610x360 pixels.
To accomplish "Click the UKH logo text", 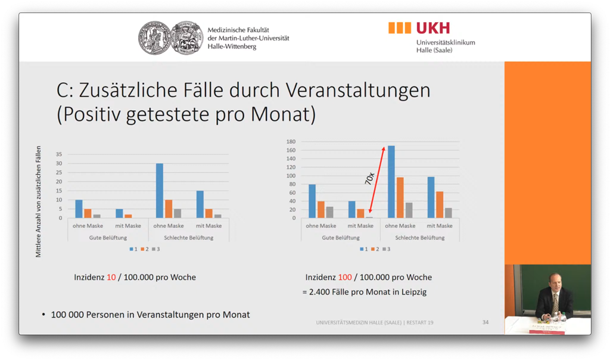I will click(432, 28).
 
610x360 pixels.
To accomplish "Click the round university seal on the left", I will click(155, 38).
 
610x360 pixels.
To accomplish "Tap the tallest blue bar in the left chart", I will click(160, 190).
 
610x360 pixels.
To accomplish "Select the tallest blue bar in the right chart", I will click(391, 181).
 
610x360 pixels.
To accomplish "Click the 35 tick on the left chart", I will click(58, 154).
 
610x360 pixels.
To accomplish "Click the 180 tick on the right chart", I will click(291, 142).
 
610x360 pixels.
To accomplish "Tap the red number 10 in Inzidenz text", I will click(111, 277).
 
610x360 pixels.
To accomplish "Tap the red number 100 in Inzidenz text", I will click(345, 277).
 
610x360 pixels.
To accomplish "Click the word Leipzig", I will click(413, 292).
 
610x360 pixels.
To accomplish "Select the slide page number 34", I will click(485, 322).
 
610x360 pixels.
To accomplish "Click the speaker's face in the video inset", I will click(555, 280).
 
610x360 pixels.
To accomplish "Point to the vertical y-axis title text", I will click(39, 201).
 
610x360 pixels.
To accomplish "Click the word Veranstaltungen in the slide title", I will click(357, 91).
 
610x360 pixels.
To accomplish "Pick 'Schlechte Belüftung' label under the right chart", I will click(419, 237).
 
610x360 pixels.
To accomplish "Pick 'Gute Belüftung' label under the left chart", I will click(108, 237).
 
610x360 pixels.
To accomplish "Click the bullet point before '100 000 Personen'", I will click(44, 314).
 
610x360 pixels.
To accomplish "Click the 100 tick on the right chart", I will click(291, 176).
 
